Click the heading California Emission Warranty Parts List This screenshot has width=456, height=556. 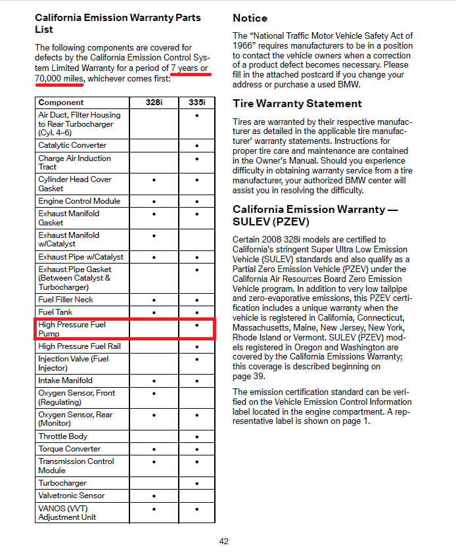point(118,24)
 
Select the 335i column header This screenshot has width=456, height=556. point(196,103)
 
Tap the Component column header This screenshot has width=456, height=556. point(61,103)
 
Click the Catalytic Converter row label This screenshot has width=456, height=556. point(72,145)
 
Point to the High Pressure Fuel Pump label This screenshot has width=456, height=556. point(72,329)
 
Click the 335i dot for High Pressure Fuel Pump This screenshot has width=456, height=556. point(196,325)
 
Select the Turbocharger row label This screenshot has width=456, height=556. point(62,483)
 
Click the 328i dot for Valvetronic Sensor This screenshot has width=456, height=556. point(153,496)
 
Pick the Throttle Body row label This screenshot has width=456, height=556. point(63,436)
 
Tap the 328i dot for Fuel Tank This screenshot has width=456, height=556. point(153,313)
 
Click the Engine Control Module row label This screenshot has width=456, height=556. point(79,201)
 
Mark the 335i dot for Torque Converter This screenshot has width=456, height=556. point(196,450)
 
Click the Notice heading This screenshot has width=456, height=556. point(250,18)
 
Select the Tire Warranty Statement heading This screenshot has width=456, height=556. point(297,104)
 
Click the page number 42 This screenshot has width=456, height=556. point(224,542)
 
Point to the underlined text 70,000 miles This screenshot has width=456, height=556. point(58,79)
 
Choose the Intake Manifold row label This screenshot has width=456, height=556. point(66,381)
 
